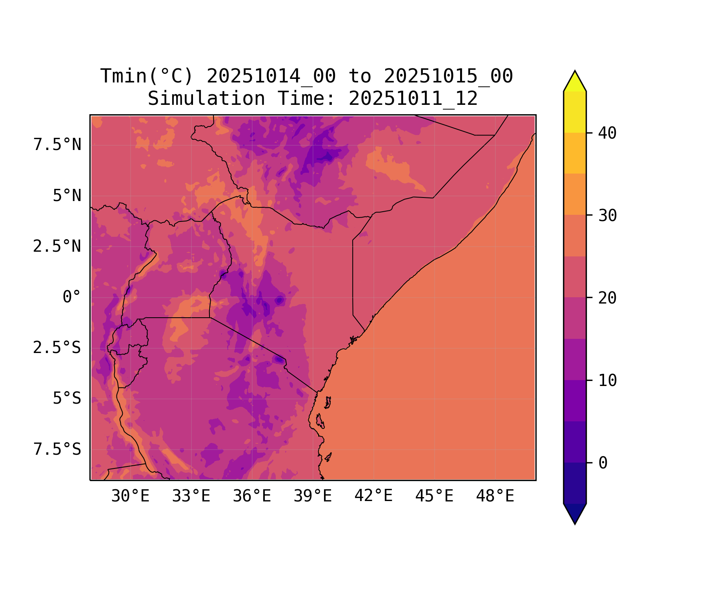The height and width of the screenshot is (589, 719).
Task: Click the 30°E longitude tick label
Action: (x=130, y=496)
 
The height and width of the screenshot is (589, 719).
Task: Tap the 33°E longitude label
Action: (x=191, y=496)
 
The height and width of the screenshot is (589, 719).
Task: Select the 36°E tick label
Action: (x=252, y=496)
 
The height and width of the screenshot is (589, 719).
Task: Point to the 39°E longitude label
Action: (x=313, y=496)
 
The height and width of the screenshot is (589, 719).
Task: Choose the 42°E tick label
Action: (x=373, y=496)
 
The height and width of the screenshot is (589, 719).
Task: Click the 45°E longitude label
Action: (x=434, y=496)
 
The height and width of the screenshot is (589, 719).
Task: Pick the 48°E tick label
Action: (x=495, y=496)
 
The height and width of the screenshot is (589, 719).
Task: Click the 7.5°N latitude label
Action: (x=57, y=145)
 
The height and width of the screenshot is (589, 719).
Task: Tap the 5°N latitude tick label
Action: (x=67, y=196)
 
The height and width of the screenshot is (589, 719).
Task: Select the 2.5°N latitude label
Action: (x=57, y=246)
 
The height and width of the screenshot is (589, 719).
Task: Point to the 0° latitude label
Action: (x=72, y=297)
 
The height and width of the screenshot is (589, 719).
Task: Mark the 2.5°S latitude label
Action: (x=57, y=348)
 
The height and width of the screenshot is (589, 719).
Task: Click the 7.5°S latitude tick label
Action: (x=57, y=449)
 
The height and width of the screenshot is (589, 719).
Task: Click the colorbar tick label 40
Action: (x=607, y=133)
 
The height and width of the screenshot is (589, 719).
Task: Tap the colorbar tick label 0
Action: (x=603, y=463)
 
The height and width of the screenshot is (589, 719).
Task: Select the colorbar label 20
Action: (x=607, y=298)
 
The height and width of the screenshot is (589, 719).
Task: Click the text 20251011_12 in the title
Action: (x=413, y=98)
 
